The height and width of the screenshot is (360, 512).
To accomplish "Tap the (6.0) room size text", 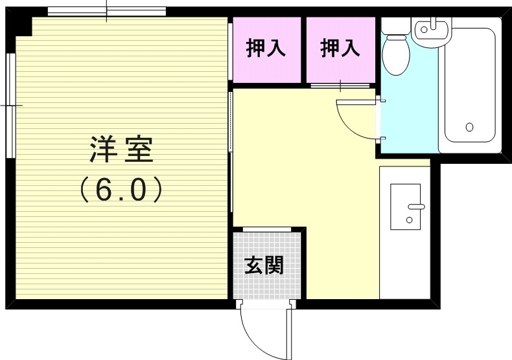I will click(121, 189).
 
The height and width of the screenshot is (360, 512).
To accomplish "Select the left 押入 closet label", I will click(266, 49).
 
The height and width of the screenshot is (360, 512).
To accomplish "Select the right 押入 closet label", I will click(340, 49).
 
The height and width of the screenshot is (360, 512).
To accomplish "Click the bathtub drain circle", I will click(469, 127).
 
